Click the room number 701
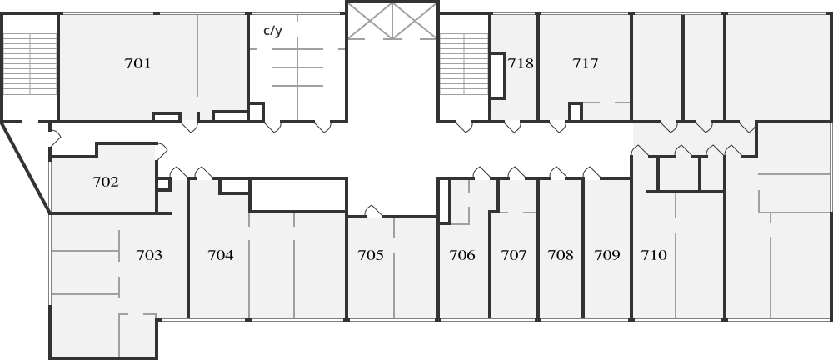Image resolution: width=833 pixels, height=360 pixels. (x=137, y=64)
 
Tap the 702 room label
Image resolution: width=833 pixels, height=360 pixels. (x=106, y=182)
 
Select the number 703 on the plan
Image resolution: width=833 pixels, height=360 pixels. (x=149, y=255)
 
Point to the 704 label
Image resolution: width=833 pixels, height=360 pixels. (x=221, y=255)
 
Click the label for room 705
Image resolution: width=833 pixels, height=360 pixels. (x=371, y=255)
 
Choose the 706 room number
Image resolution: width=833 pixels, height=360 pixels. (x=462, y=255)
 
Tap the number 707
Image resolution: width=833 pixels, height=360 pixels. (x=514, y=255)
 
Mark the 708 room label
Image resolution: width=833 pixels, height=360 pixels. (x=561, y=255)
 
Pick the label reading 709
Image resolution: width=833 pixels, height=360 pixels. (x=607, y=255)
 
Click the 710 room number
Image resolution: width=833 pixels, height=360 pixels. (x=654, y=255)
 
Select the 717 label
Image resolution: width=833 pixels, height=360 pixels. (x=586, y=64)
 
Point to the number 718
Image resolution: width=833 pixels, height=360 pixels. (x=521, y=64)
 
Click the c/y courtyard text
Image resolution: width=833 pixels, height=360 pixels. (x=272, y=30)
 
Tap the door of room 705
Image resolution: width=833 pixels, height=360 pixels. (x=373, y=212)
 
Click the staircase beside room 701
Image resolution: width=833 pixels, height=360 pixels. (x=30, y=64)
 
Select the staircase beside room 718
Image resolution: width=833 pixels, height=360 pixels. (x=464, y=64)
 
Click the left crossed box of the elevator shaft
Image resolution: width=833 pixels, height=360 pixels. (x=371, y=22)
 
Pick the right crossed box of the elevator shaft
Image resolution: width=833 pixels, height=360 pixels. (x=414, y=22)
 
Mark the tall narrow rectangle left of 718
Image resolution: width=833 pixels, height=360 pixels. (x=497, y=75)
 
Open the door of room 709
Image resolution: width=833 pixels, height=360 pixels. (x=591, y=172)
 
